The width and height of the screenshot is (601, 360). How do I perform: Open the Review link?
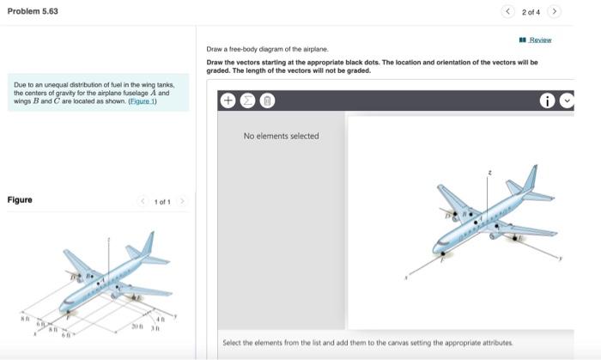point(539,40)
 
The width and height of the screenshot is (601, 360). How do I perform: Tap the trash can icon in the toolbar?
point(267,101)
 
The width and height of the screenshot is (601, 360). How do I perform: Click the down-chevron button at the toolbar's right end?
point(566,101)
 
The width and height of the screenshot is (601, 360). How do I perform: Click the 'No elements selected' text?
point(281,136)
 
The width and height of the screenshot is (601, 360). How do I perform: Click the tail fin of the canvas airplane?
point(531,177)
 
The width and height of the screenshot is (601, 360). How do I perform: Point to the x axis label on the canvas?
point(409,277)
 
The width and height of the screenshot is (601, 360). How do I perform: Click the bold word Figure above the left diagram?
point(20,200)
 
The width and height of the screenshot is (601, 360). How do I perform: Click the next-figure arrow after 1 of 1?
point(182,201)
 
